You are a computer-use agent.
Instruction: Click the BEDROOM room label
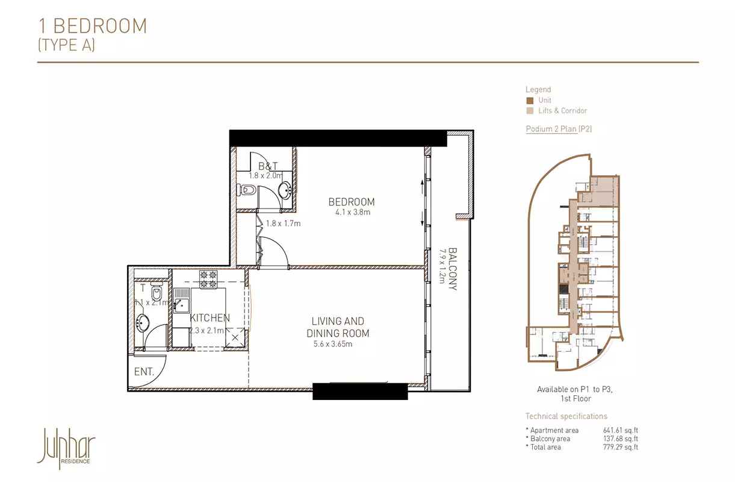point(352,202)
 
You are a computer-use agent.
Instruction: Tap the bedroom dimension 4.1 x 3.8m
point(353,212)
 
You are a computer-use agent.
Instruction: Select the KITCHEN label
point(210,318)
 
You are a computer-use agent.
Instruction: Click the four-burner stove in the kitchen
point(208,280)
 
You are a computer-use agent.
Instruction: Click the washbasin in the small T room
point(142,324)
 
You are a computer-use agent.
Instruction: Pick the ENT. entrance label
point(144,372)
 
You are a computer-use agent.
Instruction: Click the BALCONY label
point(453,269)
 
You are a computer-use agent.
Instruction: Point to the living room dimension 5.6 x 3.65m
point(333,344)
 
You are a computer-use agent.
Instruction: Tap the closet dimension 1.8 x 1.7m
point(283,224)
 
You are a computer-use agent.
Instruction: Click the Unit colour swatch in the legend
point(530,101)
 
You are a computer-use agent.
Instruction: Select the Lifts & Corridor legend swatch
point(530,111)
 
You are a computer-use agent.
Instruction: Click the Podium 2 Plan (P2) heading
point(559,129)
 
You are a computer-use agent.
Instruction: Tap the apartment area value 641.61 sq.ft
point(621,430)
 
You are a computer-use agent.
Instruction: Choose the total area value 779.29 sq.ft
point(621,447)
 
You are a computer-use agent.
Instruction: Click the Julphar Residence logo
point(66,448)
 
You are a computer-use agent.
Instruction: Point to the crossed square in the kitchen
point(235,337)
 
